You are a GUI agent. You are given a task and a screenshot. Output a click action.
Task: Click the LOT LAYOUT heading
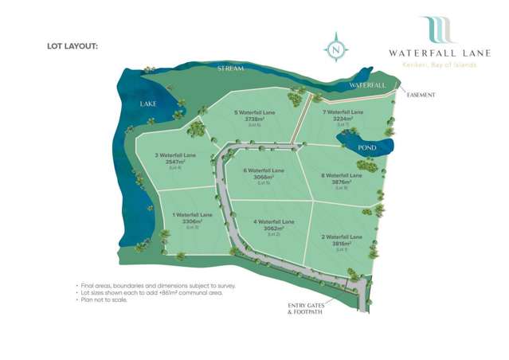pos(72,46)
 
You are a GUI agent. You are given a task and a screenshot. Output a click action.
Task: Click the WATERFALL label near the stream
pos(367,84)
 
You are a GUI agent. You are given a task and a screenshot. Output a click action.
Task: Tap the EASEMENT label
pos(421,95)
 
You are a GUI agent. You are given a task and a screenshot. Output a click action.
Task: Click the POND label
pos(367,147)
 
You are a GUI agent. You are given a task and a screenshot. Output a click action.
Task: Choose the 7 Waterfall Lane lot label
pos(343,113)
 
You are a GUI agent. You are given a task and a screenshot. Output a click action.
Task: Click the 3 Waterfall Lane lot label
pos(174,155)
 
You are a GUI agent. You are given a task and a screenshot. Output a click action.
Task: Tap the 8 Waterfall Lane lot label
pos(342,175)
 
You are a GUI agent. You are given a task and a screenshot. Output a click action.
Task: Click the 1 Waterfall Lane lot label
pos(193,215)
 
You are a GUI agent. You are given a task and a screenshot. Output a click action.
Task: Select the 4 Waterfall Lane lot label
pos(274,221)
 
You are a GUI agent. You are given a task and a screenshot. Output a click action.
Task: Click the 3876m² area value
pos(342,182)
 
